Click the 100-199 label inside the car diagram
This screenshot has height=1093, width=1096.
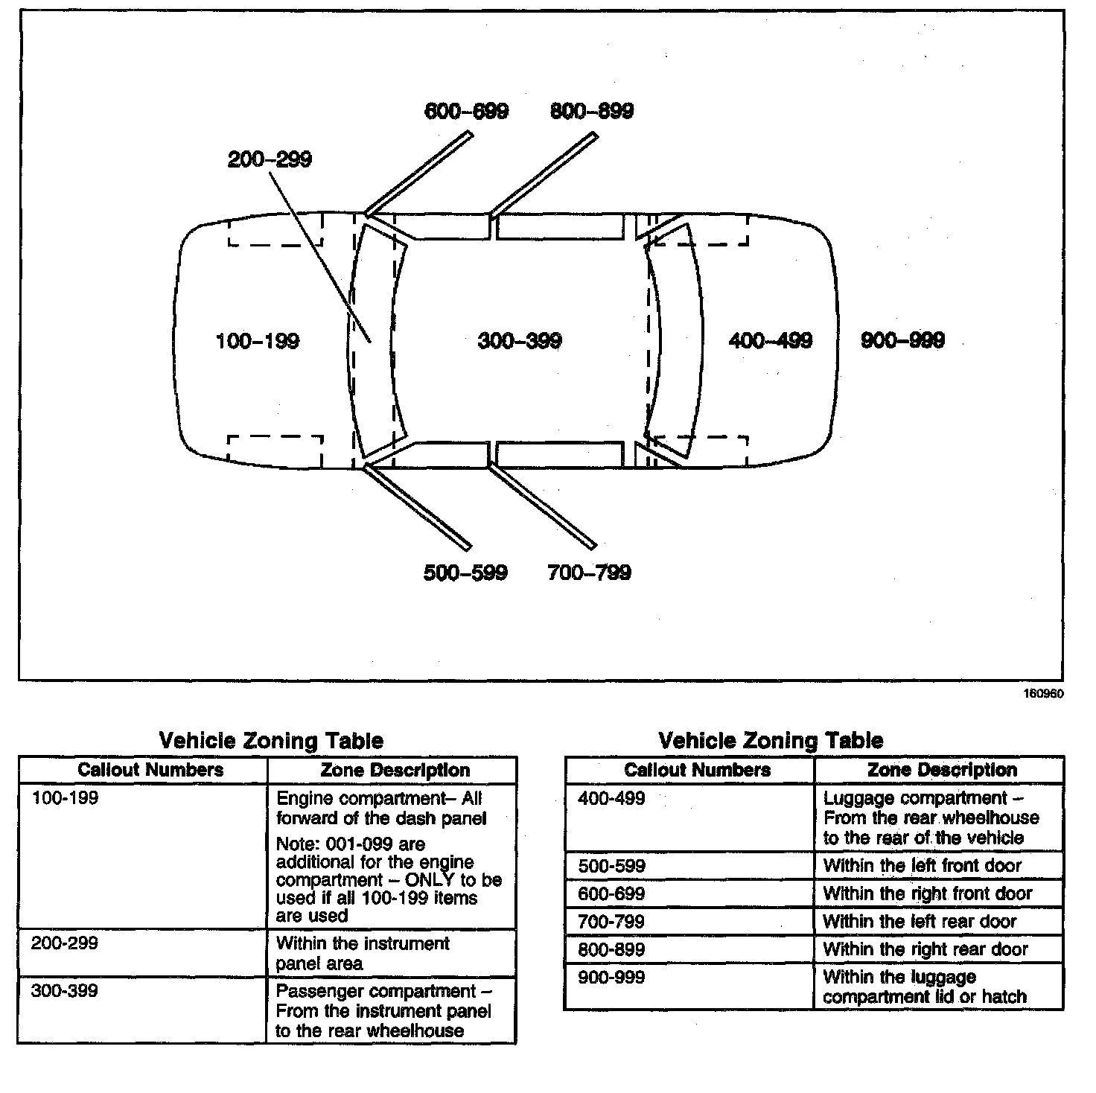[x=258, y=342]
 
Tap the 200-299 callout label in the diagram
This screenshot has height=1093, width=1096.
[x=270, y=159]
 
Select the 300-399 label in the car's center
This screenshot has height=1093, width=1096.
[x=520, y=341]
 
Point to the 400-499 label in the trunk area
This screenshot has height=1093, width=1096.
[x=771, y=341]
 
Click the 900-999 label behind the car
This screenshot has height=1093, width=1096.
[x=902, y=340]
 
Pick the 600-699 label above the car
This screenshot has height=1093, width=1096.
[x=467, y=112]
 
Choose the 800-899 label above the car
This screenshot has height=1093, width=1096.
[x=592, y=112]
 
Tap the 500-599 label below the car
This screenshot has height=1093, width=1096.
[x=465, y=573]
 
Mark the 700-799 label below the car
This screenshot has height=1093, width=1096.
[x=589, y=573]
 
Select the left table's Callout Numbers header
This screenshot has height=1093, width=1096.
[x=150, y=770]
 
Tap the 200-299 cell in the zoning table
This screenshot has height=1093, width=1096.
[x=65, y=943]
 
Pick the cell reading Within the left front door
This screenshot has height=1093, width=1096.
[x=923, y=866]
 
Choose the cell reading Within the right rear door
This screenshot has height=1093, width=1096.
[x=925, y=949]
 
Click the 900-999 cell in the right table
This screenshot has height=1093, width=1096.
[x=611, y=977]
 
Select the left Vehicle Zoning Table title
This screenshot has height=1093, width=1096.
[x=272, y=741]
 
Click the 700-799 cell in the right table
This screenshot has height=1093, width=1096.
[x=611, y=922]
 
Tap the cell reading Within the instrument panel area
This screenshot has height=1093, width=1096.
[x=363, y=953]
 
